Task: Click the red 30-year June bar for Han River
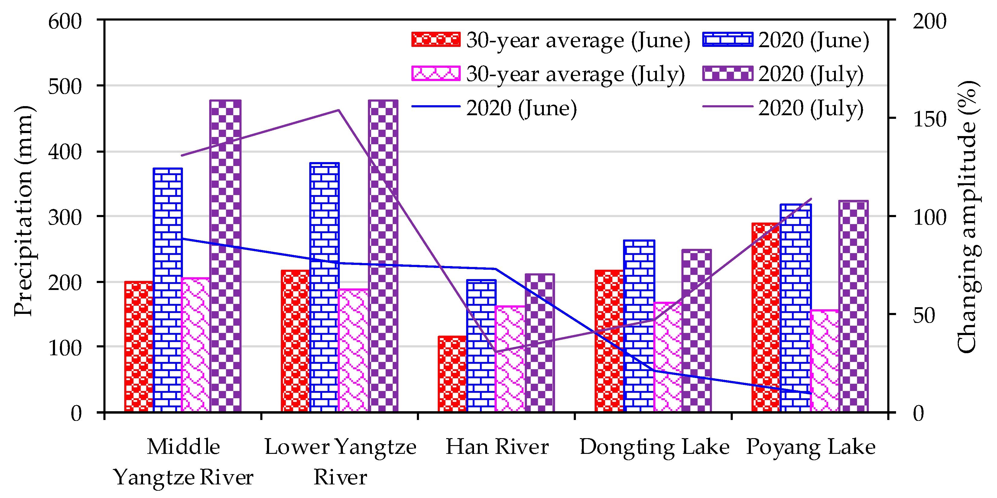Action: pos(452,374)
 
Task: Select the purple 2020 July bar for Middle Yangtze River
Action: pos(225,256)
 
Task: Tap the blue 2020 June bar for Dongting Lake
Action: pos(639,325)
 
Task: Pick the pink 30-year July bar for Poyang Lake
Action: pos(824,360)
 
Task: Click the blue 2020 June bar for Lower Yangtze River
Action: pos(324,287)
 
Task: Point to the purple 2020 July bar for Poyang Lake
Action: pos(853,306)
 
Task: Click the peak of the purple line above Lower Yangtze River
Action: pos(338,110)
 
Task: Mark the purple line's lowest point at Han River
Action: pos(495,352)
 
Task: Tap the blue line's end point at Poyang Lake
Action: pos(810,393)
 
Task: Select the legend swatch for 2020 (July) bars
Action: pos(727,73)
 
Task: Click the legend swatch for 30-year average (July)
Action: pos(436,73)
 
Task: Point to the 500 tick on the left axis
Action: pos(65,86)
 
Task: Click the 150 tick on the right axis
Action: pos(929,119)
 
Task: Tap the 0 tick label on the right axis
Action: pos(918,413)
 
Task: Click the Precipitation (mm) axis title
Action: pos(24,211)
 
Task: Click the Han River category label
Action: pos(497,447)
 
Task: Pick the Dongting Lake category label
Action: pos(654,447)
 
